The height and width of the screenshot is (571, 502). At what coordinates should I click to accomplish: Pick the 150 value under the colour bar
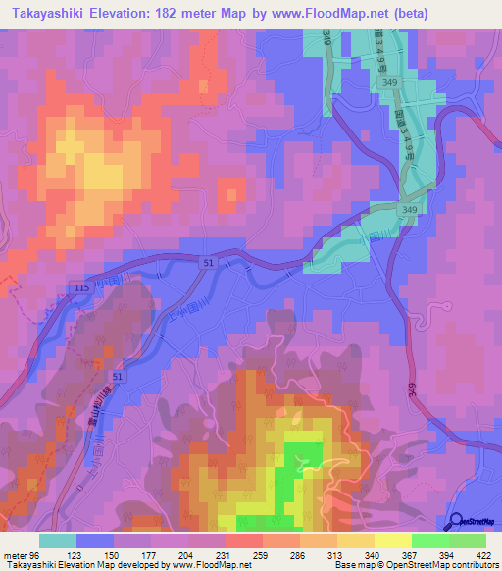(x=114, y=554)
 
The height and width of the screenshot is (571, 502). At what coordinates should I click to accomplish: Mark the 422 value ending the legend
(x=486, y=554)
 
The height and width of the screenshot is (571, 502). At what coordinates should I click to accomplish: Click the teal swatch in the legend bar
(x=58, y=541)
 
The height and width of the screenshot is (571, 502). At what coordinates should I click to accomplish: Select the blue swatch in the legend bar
(x=95, y=541)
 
